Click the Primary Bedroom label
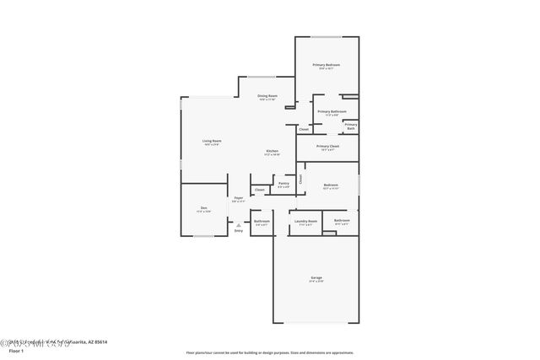pyautogui.click(x=326, y=65)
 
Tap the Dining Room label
pyautogui.click(x=268, y=96)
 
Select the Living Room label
pyautogui.click(x=212, y=141)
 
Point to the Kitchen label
pyautogui.click(x=272, y=151)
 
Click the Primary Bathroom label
pyautogui.click(x=332, y=111)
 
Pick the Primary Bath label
pyautogui.click(x=350, y=126)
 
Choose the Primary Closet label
pyautogui.click(x=328, y=146)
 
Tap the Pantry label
pyautogui.click(x=283, y=183)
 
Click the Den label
pyautogui.click(x=203, y=207)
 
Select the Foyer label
pyautogui.click(x=239, y=198)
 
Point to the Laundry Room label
pyautogui.click(x=305, y=221)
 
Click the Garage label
pyautogui.click(x=316, y=277)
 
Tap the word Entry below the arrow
pyautogui.click(x=239, y=230)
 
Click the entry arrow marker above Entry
pyautogui.click(x=239, y=224)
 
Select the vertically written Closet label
pyautogui.click(x=300, y=179)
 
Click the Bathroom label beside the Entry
pyautogui.click(x=262, y=221)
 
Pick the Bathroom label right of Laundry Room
pyautogui.click(x=342, y=221)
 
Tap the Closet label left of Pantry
pyautogui.click(x=260, y=190)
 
